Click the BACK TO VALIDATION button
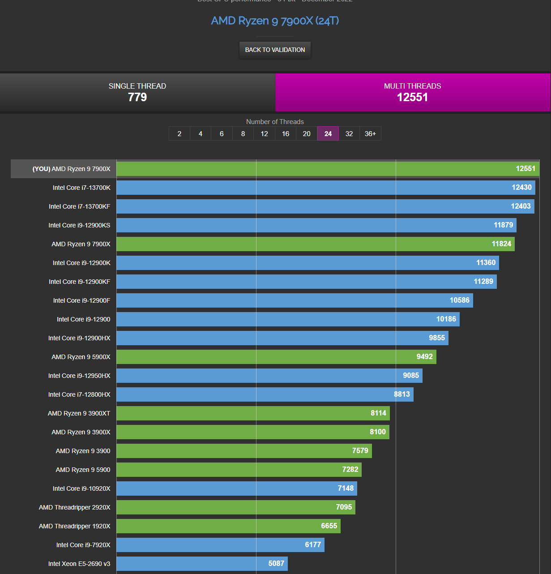[x=275, y=50]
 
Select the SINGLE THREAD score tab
[x=137, y=92]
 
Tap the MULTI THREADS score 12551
[x=412, y=97]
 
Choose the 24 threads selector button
[x=328, y=133]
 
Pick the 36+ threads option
[x=370, y=133]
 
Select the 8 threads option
[x=243, y=133]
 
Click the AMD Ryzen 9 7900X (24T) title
[x=275, y=21]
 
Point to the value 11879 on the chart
[x=503, y=225]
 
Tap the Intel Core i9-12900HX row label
[x=79, y=338]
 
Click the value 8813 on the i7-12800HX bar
[x=402, y=394]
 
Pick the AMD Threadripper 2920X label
[x=74, y=507]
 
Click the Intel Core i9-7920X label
[x=83, y=545]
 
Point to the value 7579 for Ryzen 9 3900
[x=360, y=450]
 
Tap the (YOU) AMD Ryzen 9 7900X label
[x=71, y=169]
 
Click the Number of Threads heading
[x=275, y=122]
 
